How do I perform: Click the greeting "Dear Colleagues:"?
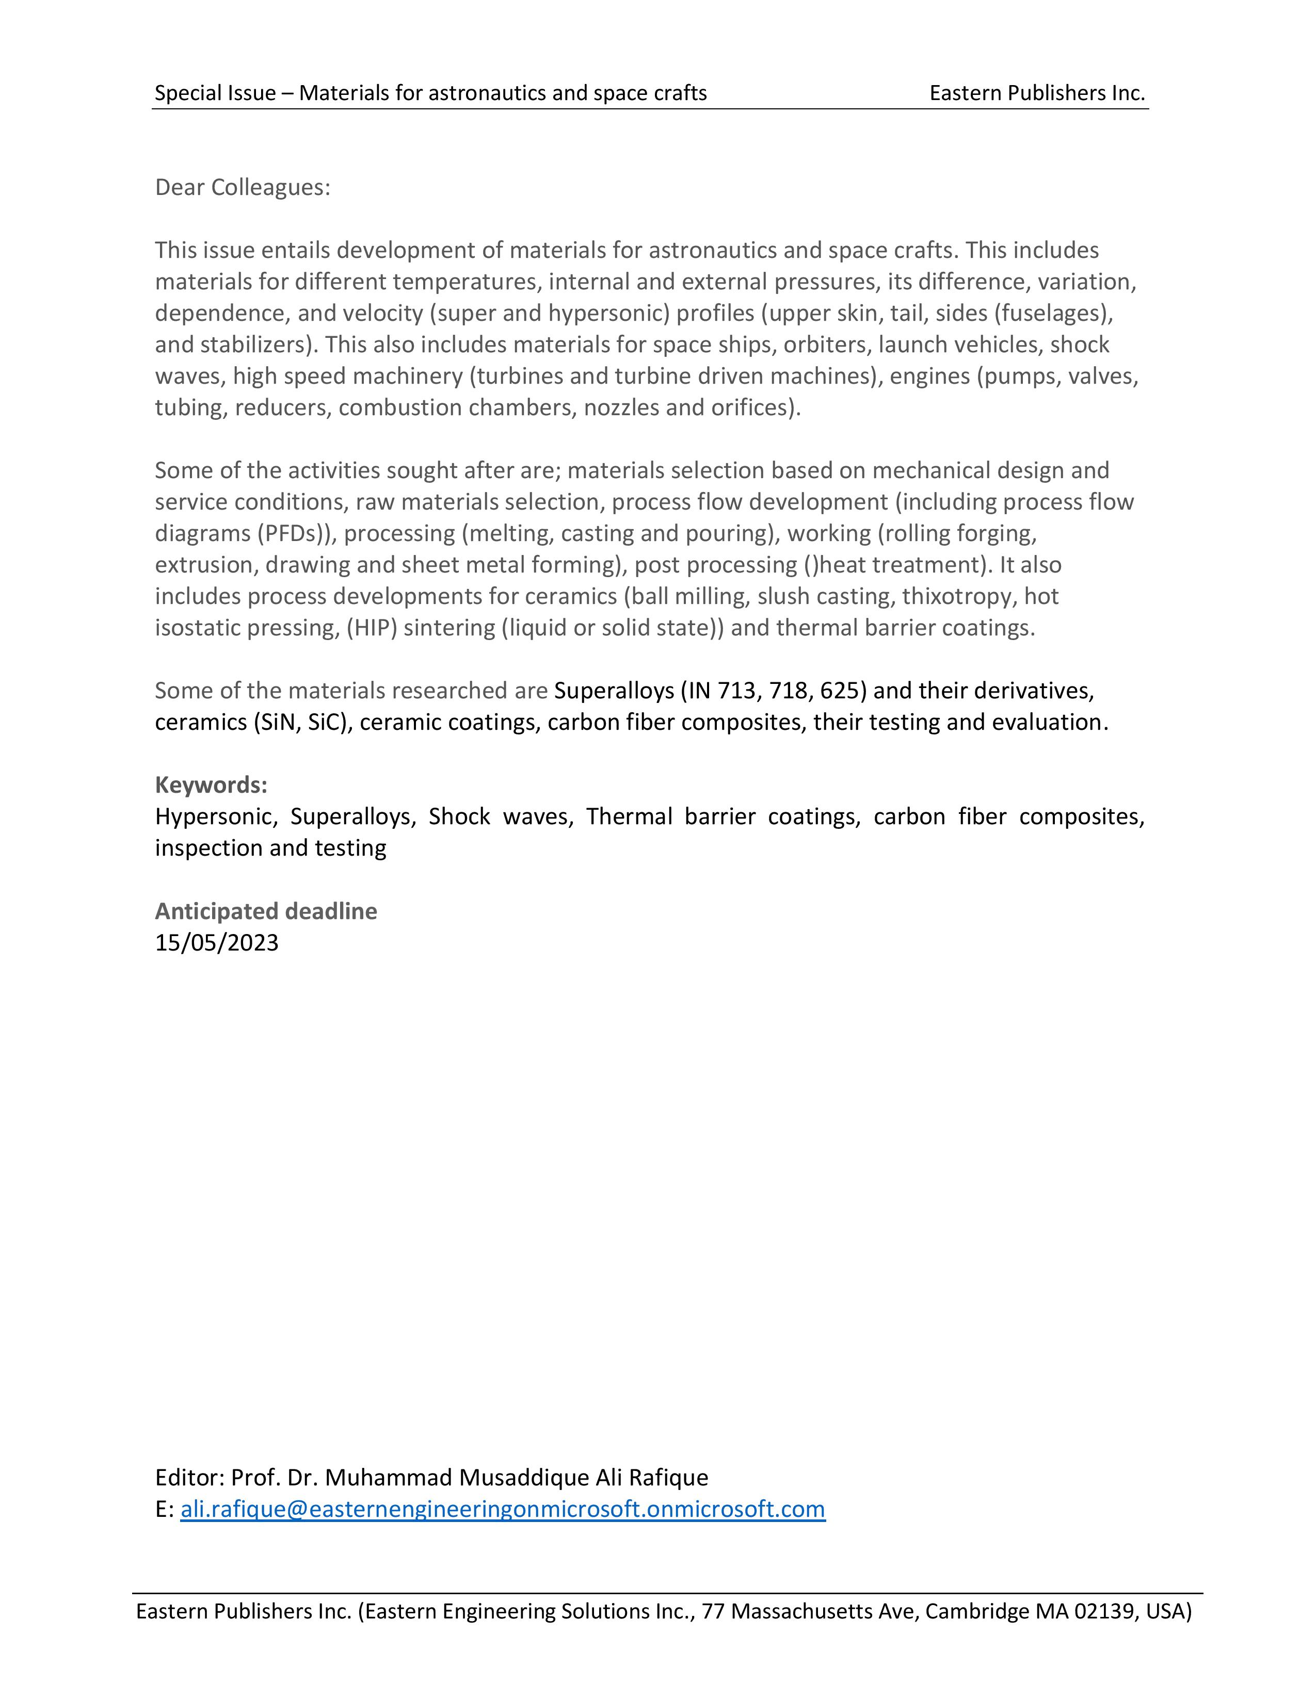[243, 187]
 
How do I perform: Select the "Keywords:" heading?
[211, 785]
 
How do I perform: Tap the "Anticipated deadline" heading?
[266, 911]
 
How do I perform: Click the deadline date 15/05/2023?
[217, 943]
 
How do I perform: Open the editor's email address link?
[503, 1510]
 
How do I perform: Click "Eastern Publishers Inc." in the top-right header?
[1037, 93]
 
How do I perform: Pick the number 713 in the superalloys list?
[745, 691]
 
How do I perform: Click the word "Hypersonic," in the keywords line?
[216, 817]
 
